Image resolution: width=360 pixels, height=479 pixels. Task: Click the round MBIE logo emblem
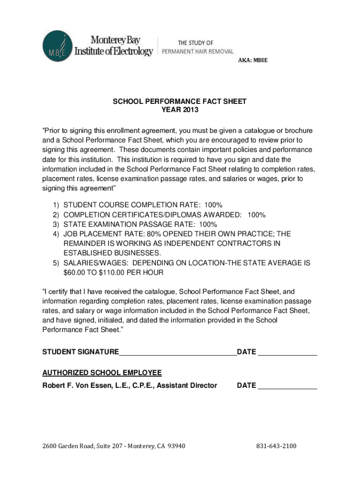pyautogui.click(x=57, y=46)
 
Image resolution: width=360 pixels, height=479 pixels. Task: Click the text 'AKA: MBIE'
pyautogui.click(x=253, y=60)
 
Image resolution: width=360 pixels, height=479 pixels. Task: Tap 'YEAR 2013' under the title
pyautogui.click(x=180, y=110)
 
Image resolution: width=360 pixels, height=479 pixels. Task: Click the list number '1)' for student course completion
pyautogui.click(x=56, y=205)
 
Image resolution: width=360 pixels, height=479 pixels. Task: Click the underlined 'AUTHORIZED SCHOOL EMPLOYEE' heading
pyautogui.click(x=102, y=373)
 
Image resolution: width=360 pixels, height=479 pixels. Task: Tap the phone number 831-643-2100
pyautogui.click(x=276, y=446)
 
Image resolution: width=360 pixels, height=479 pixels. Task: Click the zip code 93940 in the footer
pyautogui.click(x=176, y=446)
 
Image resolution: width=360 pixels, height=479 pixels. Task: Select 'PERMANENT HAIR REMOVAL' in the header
pyautogui.click(x=197, y=51)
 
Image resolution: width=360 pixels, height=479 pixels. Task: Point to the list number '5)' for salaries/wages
pyautogui.click(x=56, y=263)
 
